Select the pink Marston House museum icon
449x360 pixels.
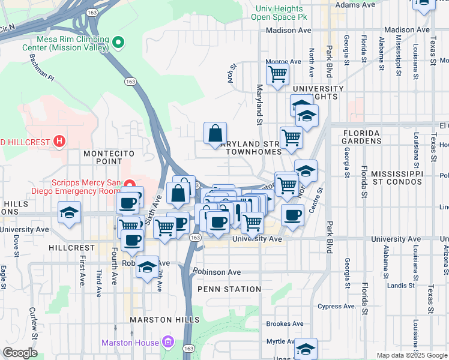[x=169, y=343]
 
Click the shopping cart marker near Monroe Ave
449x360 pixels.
[x=278, y=75]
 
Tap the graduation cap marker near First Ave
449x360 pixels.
[x=70, y=213]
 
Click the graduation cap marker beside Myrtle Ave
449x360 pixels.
[x=306, y=349]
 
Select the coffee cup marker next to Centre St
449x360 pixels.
[x=292, y=215]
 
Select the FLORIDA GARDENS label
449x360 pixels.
[x=362, y=137]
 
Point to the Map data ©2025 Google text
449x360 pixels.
[x=412, y=355]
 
